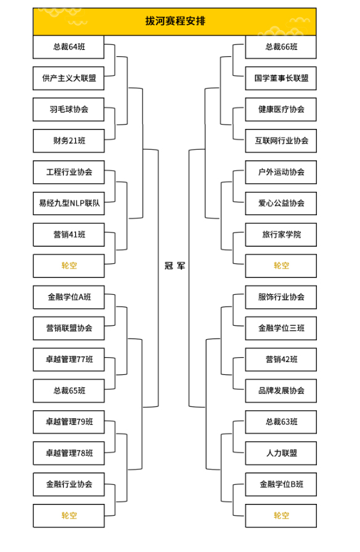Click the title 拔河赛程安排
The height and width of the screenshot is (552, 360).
point(175,21)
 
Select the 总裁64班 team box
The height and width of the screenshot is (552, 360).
point(68,47)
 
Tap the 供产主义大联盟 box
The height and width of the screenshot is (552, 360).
point(68,78)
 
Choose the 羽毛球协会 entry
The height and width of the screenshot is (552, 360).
point(68,110)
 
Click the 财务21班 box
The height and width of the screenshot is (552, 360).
point(68,141)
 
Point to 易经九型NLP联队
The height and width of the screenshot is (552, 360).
point(68,203)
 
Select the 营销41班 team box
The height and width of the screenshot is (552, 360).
point(68,234)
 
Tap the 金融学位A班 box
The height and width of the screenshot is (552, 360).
point(68,297)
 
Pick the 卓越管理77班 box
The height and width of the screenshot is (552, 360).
point(68,360)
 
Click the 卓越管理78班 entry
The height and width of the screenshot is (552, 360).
point(68,453)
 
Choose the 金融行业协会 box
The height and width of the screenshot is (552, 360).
point(68,484)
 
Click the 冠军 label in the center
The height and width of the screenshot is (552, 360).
point(174,265)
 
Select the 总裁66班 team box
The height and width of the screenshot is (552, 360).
point(281,47)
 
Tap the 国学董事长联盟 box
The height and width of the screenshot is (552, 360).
point(281,78)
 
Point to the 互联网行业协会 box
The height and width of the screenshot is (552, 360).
point(281,141)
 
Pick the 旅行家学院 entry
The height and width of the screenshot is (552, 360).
point(281,234)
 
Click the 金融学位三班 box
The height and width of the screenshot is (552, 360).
point(281,328)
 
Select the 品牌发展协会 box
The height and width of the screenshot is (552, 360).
point(281,391)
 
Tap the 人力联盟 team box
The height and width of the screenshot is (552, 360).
point(281,453)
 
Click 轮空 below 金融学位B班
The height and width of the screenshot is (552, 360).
point(281,516)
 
